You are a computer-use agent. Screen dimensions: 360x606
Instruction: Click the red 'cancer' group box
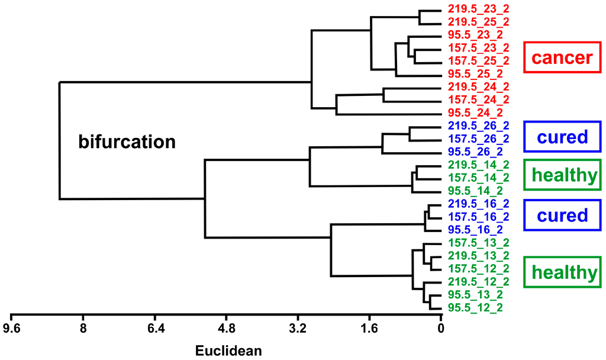[562, 57]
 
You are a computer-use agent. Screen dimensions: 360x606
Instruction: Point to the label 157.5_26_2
[478, 139]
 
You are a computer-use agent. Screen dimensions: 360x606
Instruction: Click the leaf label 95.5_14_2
[475, 190]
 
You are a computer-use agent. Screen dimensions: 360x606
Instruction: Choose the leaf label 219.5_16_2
[478, 203]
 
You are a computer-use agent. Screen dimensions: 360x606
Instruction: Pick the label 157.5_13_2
[478, 242]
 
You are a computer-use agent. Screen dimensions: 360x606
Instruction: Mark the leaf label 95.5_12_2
[475, 307]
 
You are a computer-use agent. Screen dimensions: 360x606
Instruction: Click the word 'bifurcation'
[127, 142]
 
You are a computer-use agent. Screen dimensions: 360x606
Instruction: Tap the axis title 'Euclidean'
[228, 350]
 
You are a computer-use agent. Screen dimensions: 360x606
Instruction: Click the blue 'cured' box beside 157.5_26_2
[562, 137]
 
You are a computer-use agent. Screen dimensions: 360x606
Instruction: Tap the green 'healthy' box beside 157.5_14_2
[562, 175]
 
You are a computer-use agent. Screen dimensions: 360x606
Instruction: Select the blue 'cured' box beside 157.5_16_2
[562, 215]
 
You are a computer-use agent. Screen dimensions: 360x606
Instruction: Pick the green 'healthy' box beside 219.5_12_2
[562, 272]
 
